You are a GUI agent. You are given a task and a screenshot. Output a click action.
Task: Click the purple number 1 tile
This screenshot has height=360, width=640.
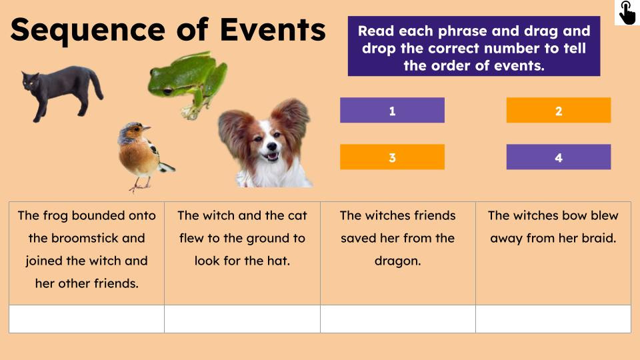(392, 111)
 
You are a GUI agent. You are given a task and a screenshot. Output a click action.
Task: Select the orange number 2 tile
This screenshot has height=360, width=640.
(559, 111)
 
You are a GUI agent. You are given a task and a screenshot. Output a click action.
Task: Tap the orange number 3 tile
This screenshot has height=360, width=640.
(392, 157)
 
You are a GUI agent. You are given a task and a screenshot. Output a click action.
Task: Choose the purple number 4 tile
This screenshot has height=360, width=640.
(559, 157)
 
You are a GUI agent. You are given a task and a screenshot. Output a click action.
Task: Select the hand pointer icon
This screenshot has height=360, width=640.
(627, 13)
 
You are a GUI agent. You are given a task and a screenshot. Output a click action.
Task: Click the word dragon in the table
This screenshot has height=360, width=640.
(397, 261)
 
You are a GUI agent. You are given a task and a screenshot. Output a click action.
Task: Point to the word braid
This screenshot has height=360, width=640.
(595, 238)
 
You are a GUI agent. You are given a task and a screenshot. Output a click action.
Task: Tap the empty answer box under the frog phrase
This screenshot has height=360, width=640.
(87, 319)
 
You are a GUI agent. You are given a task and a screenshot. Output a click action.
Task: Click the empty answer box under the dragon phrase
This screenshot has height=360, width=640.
(398, 319)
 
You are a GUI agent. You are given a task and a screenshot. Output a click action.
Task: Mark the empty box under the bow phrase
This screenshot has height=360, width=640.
(553, 319)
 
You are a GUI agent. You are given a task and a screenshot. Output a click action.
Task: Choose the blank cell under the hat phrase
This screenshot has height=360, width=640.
(242, 319)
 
